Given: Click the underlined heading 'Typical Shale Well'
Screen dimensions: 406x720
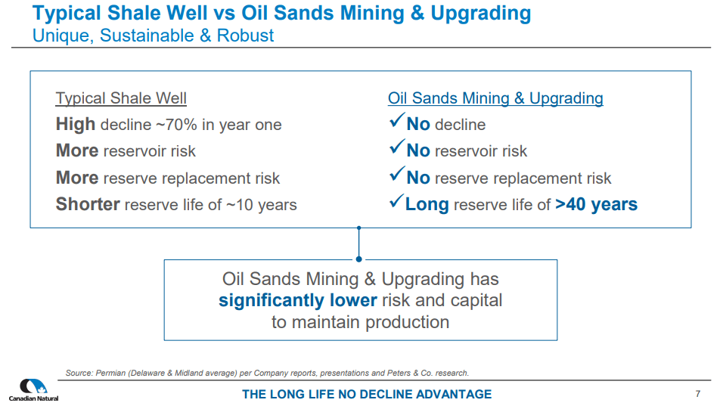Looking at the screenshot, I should pyautogui.click(x=121, y=98).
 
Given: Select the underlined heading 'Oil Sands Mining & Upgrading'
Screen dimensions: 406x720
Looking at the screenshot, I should pyautogui.click(x=495, y=98).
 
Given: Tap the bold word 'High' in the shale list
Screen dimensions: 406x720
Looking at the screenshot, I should pyautogui.click(x=76, y=125).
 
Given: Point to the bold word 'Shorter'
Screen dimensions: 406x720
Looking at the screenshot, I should pyautogui.click(x=88, y=204).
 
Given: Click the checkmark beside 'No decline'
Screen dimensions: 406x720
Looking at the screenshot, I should pyautogui.click(x=396, y=122).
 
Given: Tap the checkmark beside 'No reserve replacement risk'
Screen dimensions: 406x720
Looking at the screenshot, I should pyautogui.click(x=396, y=175).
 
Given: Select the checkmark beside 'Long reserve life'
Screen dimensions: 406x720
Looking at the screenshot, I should pyautogui.click(x=396, y=202).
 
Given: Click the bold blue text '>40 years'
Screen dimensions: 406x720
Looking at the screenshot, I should pyautogui.click(x=596, y=204).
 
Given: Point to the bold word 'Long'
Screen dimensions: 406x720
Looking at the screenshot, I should pyautogui.click(x=427, y=204).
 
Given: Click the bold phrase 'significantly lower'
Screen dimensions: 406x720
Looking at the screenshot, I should pyautogui.click(x=298, y=300).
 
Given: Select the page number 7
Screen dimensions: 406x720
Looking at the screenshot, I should pyautogui.click(x=697, y=393).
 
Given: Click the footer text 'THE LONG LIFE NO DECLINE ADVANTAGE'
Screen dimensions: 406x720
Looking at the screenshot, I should pyautogui.click(x=367, y=394).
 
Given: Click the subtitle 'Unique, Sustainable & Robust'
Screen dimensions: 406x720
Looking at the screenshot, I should pyautogui.click(x=154, y=36).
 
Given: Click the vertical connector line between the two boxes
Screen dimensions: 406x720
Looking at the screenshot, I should pyautogui.click(x=358, y=243).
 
